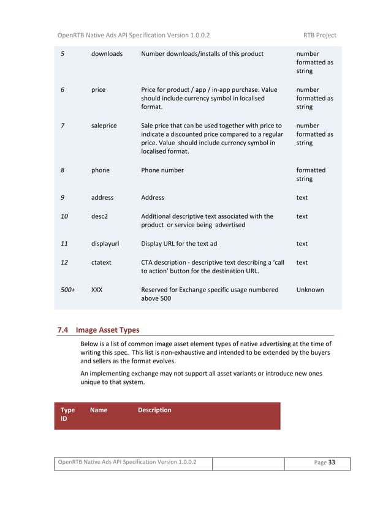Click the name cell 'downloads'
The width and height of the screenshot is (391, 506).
[x=107, y=54]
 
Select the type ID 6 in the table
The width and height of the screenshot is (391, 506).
[x=63, y=89]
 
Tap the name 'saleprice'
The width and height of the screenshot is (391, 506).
[x=104, y=126]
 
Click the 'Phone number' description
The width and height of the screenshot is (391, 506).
[x=162, y=170]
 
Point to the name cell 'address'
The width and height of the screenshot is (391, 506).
[x=102, y=198]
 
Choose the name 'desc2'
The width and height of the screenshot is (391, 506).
[x=99, y=216]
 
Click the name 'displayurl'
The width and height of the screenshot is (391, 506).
[x=105, y=243]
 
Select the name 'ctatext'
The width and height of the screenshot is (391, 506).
[x=101, y=262]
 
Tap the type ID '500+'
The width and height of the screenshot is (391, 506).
[x=67, y=289]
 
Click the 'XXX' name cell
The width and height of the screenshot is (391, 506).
[x=97, y=289]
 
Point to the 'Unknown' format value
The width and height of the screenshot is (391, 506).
[x=310, y=289]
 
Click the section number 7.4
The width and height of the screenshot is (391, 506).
[x=63, y=330]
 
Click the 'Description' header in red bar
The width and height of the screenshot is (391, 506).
[x=154, y=410]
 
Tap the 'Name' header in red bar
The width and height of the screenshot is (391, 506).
[x=99, y=410]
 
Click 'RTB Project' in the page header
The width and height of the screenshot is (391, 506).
[x=319, y=35]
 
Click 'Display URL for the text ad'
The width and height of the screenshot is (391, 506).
[x=179, y=243]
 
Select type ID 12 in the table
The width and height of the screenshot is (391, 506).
[x=64, y=262]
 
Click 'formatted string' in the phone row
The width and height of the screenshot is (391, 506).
[x=311, y=175]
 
